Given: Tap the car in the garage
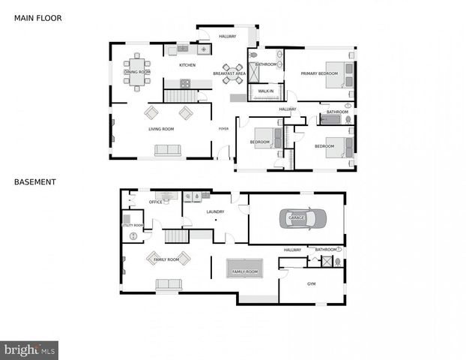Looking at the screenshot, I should (x=303, y=218).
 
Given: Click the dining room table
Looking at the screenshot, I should (x=137, y=71).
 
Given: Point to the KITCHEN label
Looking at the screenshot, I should (x=187, y=65).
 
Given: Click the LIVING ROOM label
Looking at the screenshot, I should (x=161, y=129).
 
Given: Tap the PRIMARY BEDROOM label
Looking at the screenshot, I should (x=319, y=73).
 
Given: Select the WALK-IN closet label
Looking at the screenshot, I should (x=265, y=91).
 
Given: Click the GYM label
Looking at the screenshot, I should (x=311, y=284).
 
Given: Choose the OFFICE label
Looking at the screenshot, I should (x=155, y=202).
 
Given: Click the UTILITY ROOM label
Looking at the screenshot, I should (x=133, y=225).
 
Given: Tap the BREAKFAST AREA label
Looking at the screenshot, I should (x=229, y=73).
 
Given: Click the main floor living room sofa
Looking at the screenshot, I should (x=168, y=151).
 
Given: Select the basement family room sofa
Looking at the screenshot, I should (x=169, y=284).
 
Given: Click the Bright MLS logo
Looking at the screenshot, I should (x=30, y=349).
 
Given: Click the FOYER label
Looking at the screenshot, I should (x=223, y=129).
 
